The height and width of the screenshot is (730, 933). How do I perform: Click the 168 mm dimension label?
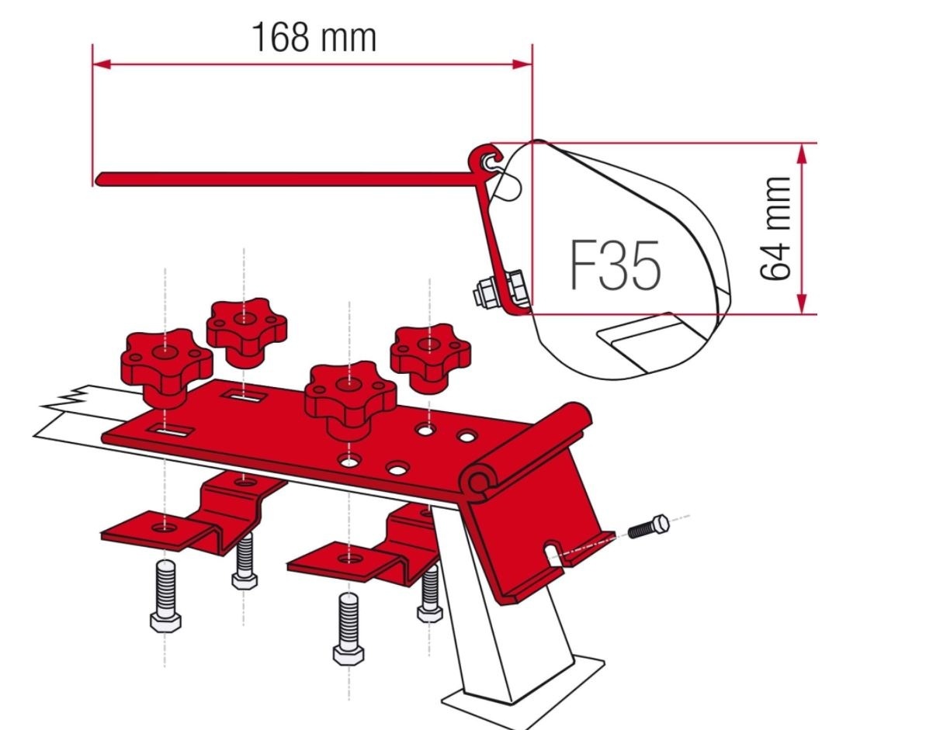313,37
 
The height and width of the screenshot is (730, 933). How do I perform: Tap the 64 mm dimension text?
775,229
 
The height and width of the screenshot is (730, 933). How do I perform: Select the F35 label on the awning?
616,265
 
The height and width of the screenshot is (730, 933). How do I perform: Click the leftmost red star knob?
165,360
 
